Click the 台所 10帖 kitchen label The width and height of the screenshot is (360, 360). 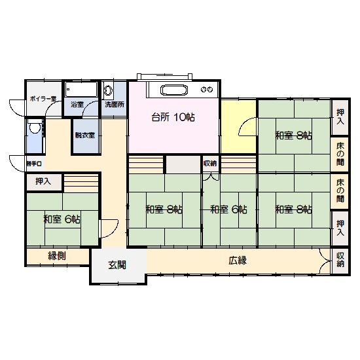[x=173, y=117]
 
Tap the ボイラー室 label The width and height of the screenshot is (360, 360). [x=43, y=99]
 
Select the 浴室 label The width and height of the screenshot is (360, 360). [x=77, y=105]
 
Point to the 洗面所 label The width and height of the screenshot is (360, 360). [x=115, y=105]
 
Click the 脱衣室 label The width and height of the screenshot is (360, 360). [x=85, y=135]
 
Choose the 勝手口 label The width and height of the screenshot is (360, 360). [x=34, y=164]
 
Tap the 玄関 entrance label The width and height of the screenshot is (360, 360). [x=117, y=265]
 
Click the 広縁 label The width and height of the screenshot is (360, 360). [x=238, y=261]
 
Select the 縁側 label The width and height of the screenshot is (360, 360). [x=57, y=255]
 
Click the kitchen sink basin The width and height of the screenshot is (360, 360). [x=174, y=90]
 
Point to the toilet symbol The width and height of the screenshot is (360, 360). [x=35, y=127]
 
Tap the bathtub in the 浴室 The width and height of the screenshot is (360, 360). [x=81, y=89]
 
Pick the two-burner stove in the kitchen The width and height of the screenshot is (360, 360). [x=207, y=90]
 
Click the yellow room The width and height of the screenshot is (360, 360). [x=239, y=126]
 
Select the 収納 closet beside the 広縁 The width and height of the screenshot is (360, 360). [x=340, y=261]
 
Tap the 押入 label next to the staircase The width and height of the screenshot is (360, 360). [x=43, y=181]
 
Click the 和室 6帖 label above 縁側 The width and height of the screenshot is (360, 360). [x=62, y=219]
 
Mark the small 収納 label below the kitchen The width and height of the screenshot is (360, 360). [x=210, y=164]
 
